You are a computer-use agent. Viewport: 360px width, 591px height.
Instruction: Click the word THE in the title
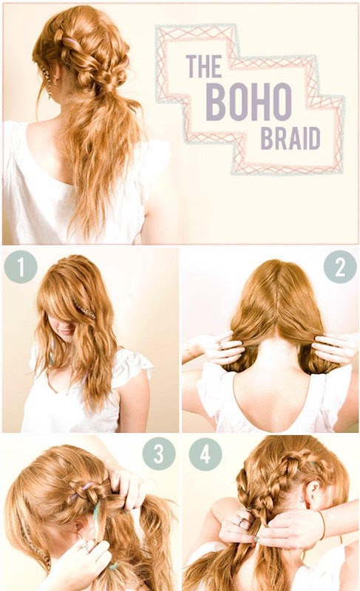[204, 66]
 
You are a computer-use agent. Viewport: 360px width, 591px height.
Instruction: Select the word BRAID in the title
[291, 138]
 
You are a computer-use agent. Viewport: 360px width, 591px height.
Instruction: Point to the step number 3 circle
[159, 454]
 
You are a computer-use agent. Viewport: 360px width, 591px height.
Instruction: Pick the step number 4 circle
[205, 454]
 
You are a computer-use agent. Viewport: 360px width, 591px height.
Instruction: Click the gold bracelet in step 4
[323, 525]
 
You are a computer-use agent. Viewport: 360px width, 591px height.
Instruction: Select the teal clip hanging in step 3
[96, 510]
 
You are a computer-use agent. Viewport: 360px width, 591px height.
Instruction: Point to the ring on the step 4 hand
[240, 522]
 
